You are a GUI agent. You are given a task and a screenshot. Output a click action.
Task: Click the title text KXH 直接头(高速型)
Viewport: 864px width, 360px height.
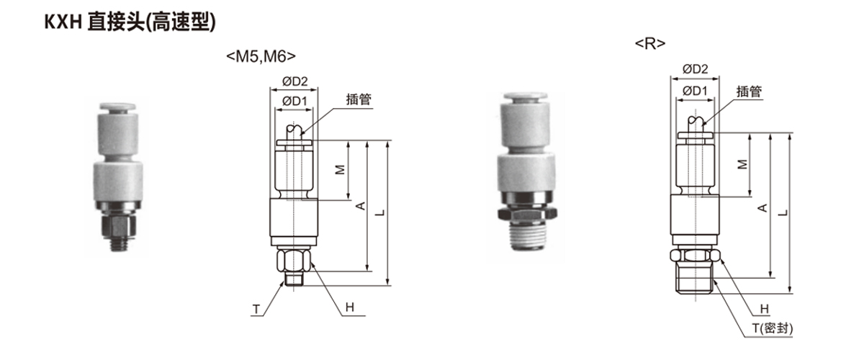click(x=130, y=22)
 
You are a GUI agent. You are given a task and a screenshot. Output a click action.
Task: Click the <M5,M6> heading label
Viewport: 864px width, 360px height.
click(x=261, y=57)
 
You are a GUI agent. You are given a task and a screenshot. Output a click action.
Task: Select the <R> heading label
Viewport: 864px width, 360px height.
click(x=650, y=44)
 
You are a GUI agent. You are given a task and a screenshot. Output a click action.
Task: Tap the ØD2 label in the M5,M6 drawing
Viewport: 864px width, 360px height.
click(x=294, y=81)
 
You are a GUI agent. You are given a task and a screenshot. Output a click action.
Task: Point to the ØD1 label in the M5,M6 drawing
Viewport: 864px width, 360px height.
click(x=294, y=101)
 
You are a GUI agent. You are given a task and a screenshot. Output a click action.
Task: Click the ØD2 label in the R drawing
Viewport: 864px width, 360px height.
click(x=695, y=69)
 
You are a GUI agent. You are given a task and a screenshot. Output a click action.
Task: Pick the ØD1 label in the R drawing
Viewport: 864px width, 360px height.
click(x=695, y=91)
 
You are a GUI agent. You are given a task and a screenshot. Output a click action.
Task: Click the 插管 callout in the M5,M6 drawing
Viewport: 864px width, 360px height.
click(x=359, y=99)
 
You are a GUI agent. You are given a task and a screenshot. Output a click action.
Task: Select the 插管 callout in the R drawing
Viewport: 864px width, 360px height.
click(x=749, y=91)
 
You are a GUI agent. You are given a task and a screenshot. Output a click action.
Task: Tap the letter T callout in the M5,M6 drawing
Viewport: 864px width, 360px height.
click(x=256, y=310)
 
